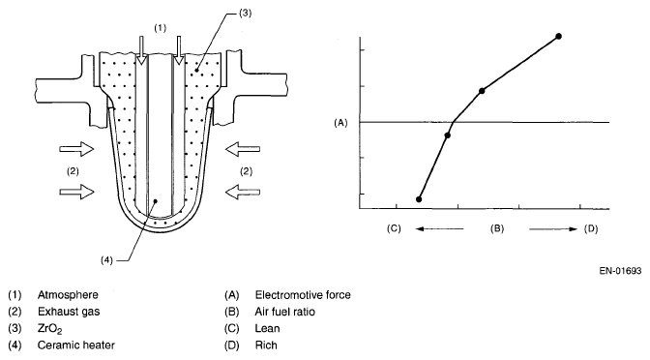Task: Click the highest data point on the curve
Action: pos(558,37)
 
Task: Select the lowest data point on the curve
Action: pos(419,199)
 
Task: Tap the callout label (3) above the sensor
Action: pos(245,14)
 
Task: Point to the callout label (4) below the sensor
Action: pos(106,260)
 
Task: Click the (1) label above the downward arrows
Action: pos(160,28)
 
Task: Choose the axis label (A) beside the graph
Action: pos(340,123)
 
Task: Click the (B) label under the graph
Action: pos(496,228)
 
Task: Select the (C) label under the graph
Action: pos(394,228)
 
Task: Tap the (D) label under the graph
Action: pos(591,228)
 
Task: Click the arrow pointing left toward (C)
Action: pos(439,228)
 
